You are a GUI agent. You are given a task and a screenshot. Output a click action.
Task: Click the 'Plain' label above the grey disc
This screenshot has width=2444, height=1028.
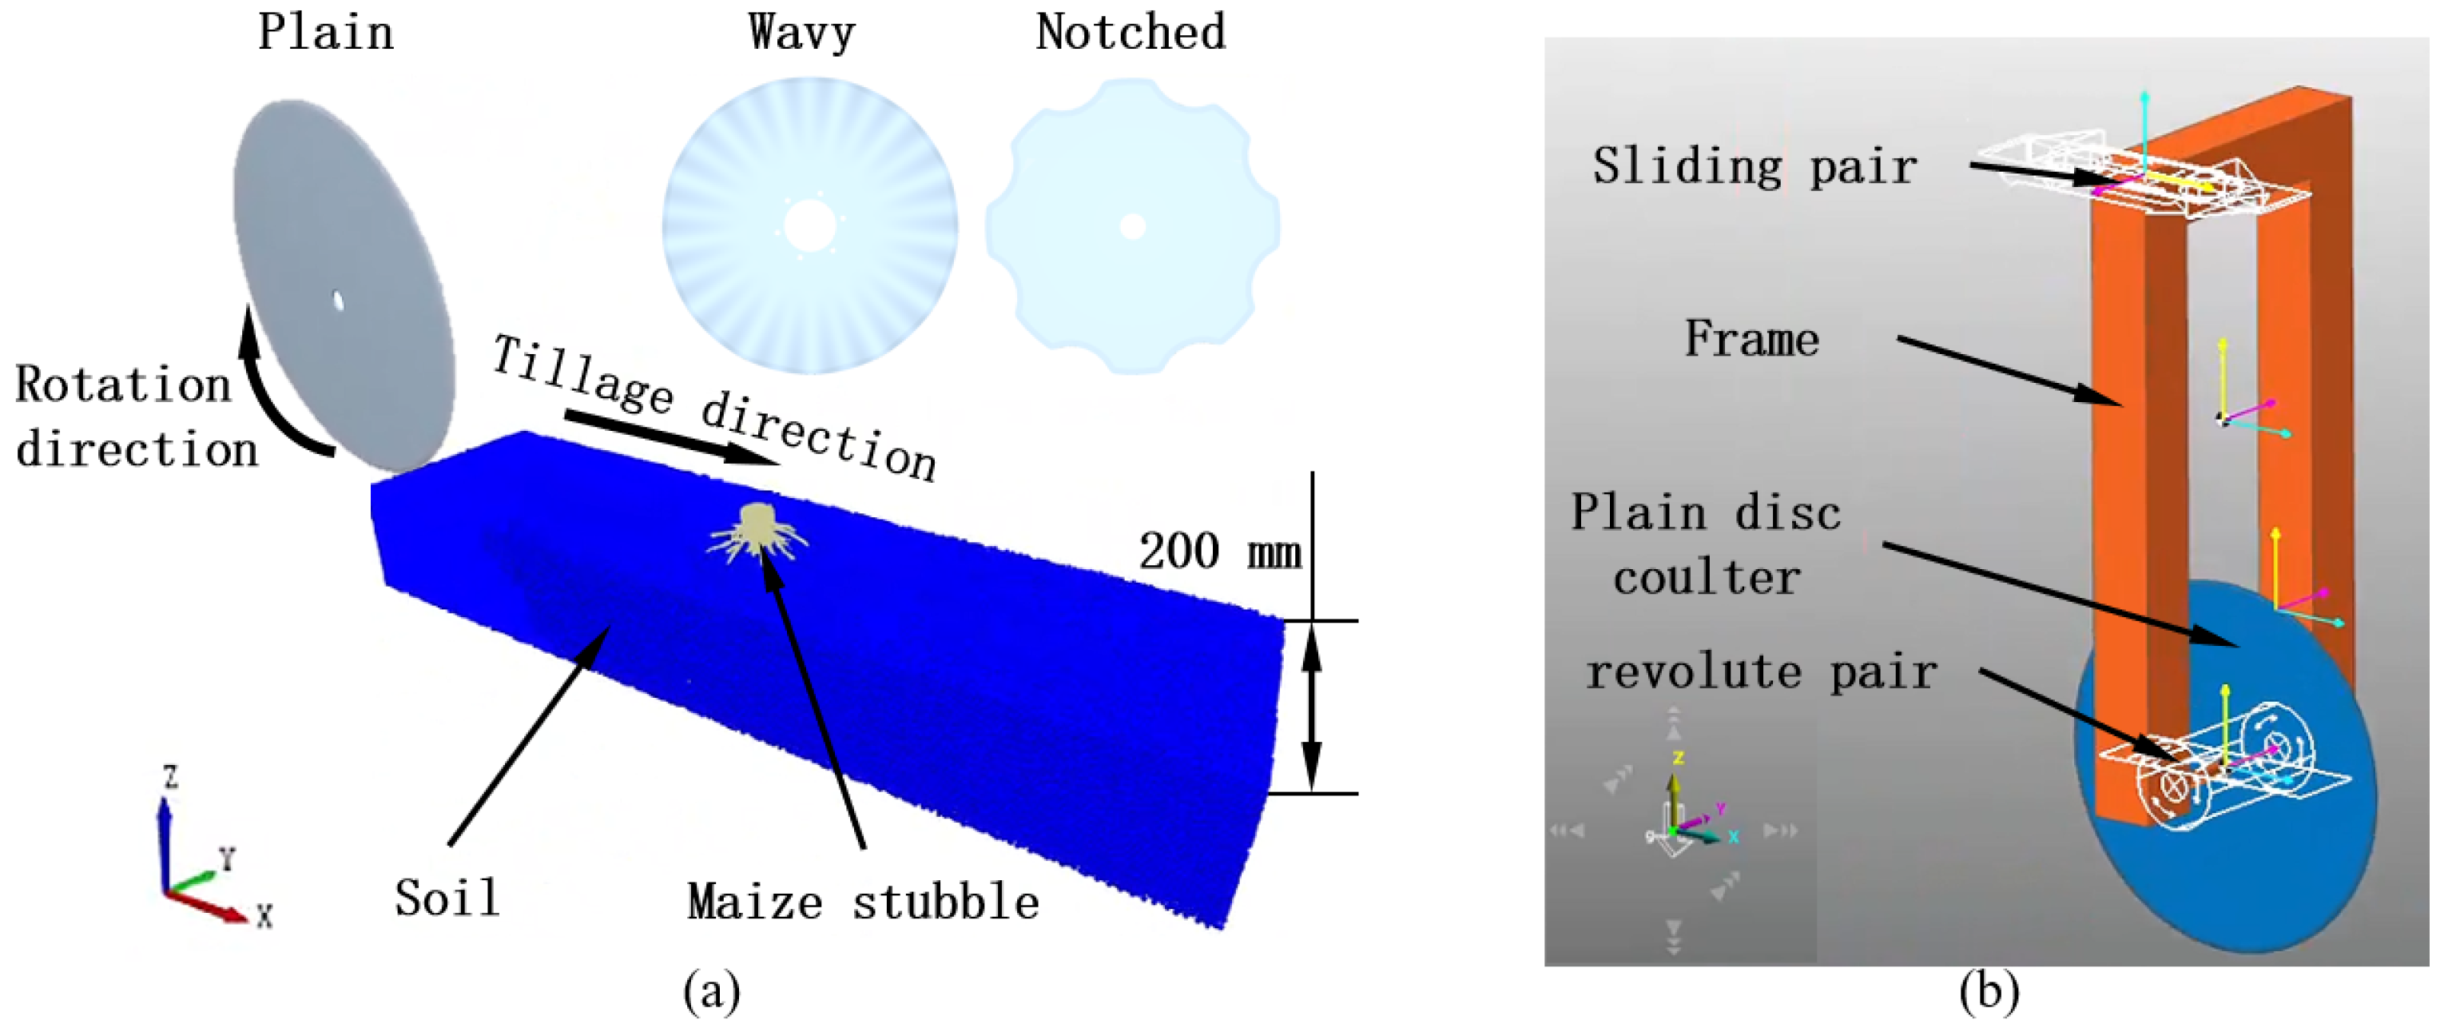[x=325, y=32]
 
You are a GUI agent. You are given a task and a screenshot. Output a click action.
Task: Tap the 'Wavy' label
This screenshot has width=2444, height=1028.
[x=801, y=32]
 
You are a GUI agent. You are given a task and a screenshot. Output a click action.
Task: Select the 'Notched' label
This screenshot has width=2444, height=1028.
[x=1131, y=32]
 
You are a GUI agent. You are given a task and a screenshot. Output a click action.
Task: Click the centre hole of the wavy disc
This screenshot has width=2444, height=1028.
[x=809, y=226]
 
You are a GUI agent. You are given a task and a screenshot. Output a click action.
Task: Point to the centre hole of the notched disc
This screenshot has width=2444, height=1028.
[x=1133, y=226]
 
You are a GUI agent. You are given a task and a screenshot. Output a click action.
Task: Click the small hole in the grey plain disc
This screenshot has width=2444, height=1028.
[x=338, y=300]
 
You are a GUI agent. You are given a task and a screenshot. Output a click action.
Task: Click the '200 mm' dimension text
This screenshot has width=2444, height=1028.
[x=1219, y=552]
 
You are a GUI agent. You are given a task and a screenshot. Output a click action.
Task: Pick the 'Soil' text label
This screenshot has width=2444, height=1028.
[x=447, y=897]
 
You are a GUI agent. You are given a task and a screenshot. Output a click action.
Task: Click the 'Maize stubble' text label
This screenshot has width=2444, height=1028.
[x=864, y=901]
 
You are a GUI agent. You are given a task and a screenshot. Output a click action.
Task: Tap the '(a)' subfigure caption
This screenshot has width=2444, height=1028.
[x=712, y=992]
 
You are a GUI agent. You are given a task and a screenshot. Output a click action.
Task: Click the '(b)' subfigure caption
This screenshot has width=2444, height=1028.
[x=1989, y=992]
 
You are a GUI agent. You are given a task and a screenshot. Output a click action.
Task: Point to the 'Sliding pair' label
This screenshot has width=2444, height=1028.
[x=1755, y=167]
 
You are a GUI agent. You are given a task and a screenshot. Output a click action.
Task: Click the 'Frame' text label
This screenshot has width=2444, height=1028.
[x=1751, y=339]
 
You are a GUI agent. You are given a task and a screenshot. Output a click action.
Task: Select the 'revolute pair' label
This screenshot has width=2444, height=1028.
[x=1761, y=673]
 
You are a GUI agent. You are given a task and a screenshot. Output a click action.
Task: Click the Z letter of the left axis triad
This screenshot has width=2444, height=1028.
[x=171, y=778]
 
